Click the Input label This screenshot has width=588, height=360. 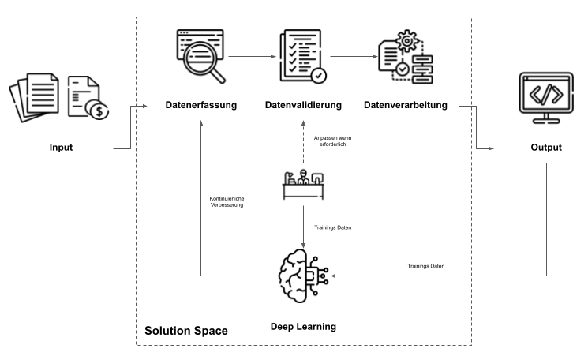[60, 147]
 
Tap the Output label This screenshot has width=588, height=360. [545, 147]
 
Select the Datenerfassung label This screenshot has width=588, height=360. [200, 105]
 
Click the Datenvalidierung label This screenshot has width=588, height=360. [303, 105]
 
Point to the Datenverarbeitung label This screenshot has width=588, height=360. [405, 105]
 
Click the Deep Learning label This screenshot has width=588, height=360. [304, 326]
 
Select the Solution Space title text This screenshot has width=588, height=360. [186, 329]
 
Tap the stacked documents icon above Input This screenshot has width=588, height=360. [36, 95]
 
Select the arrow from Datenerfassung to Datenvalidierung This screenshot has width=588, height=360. [251, 57]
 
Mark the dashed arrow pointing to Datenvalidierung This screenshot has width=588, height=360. [304, 142]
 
